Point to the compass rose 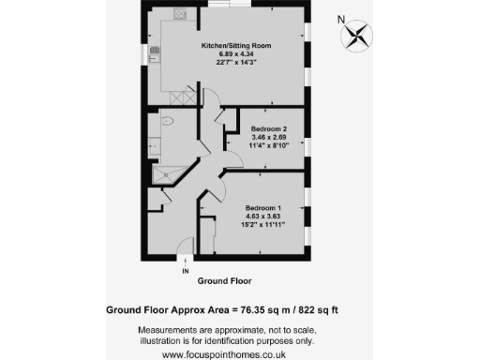357,37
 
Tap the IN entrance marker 185,272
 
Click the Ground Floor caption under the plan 224,280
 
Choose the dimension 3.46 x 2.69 270,136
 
